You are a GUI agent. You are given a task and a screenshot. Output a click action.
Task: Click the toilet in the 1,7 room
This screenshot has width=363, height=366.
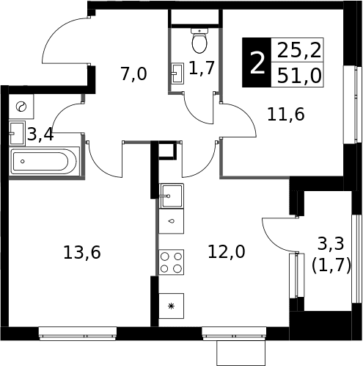pos(199,40)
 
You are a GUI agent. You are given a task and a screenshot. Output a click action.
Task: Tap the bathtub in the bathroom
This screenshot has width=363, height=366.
pos(45,161)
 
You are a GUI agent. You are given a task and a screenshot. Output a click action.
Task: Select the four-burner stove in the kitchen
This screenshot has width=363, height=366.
pos(171,262)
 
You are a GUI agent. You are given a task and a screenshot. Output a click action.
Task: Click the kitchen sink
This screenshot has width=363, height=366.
pos(172,195)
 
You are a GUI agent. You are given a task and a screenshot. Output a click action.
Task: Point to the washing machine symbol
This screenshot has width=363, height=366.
pos(21,107)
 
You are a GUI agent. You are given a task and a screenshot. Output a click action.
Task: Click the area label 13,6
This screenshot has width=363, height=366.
pos(82,252)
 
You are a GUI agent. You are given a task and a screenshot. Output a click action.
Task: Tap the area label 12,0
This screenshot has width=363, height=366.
pos(227,251)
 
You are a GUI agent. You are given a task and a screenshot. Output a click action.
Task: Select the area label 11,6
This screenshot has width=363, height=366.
pos(286,114)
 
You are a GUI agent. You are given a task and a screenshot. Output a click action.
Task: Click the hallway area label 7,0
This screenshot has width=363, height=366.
pos(133,74)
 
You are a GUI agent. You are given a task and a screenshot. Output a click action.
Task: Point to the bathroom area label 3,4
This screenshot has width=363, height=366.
pos(40,134)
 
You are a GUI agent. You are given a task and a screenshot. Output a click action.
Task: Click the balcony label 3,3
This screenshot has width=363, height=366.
pos(331,244)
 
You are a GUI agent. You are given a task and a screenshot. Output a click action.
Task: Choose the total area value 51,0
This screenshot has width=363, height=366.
pos(299,76)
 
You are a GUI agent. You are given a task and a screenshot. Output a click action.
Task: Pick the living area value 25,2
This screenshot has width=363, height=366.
pos(299,50)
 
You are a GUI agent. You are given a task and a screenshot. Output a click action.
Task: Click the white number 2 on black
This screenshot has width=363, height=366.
pos(257,63)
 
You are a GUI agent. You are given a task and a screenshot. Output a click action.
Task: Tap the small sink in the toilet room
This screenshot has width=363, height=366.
pos(177,73)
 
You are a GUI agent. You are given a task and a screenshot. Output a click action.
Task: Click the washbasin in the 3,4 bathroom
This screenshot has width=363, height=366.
pos(17,133)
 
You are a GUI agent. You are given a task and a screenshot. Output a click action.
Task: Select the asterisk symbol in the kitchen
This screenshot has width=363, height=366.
pos(172,306)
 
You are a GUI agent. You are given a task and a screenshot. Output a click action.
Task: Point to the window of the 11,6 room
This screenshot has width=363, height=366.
pos(352,104)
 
